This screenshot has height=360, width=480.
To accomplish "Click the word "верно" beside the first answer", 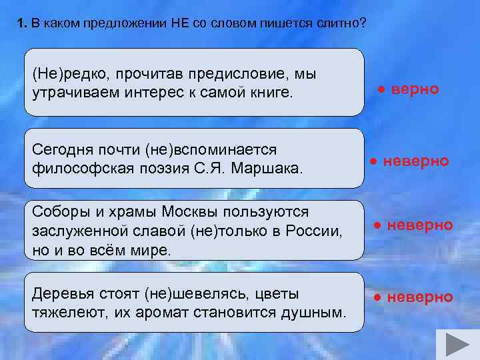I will point(415,89).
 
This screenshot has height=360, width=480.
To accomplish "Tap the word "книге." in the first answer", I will point(269,91).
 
